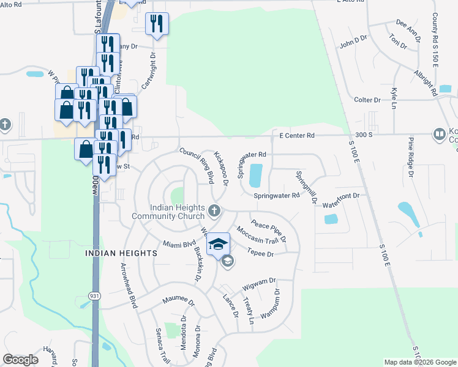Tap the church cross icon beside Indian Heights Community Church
[x=214, y=212]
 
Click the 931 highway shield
[x=94, y=295]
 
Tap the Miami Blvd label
[x=179, y=243]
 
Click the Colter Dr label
[x=367, y=100]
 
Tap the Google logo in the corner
[x=20, y=360]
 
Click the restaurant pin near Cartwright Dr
[x=157, y=24]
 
